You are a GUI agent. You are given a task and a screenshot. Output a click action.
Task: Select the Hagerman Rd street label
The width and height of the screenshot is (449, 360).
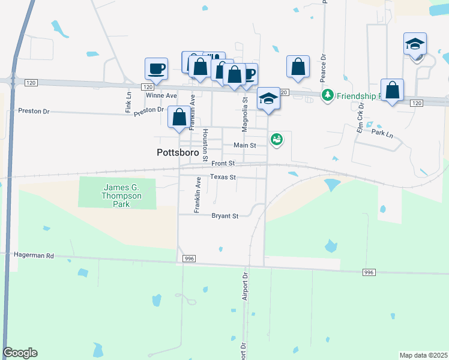pyautogui.click(x=34, y=256)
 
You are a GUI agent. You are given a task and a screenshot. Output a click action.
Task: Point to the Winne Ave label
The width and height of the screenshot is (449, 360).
pyautogui.click(x=161, y=95)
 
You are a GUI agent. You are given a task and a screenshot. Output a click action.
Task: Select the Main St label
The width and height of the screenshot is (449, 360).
pyautogui.click(x=244, y=145)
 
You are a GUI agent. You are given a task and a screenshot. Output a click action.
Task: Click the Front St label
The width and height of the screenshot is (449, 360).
pyautogui.click(x=223, y=163)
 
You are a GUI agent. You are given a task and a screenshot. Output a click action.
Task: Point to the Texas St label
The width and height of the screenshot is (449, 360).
pyautogui.click(x=223, y=177)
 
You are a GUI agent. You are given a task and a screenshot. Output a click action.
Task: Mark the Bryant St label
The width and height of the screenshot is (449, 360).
pyautogui.click(x=225, y=216)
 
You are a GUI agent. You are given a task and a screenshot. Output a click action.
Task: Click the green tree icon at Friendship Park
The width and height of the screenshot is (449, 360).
pyautogui.click(x=327, y=95)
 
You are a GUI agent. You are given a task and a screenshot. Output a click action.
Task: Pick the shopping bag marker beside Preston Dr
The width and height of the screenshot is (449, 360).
pyautogui.click(x=179, y=117)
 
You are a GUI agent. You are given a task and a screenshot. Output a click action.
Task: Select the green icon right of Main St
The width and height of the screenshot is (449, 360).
pyautogui.click(x=276, y=139)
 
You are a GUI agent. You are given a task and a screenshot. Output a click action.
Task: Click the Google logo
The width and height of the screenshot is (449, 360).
pyautogui.click(x=20, y=353)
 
